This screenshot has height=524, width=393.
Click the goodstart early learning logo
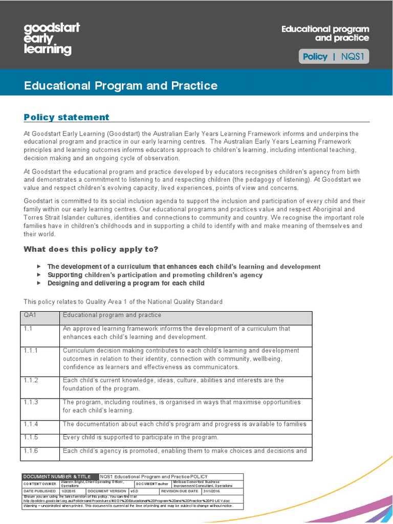coord(52,38)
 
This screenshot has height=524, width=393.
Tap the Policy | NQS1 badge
coord(334,57)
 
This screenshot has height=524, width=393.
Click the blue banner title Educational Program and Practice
coord(121,85)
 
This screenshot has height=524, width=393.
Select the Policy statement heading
coord(67,117)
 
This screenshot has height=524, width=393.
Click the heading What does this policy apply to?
coord(91,249)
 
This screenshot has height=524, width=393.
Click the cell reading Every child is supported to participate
coord(140,438)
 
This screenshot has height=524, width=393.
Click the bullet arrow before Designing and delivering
coord(39,283)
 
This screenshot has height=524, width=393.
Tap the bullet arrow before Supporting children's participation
coord(39,275)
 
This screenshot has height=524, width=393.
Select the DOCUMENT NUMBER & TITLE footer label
coord(57,476)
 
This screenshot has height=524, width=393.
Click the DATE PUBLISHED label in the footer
coord(40,491)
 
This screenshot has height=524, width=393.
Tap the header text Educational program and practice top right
coord(325,34)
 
